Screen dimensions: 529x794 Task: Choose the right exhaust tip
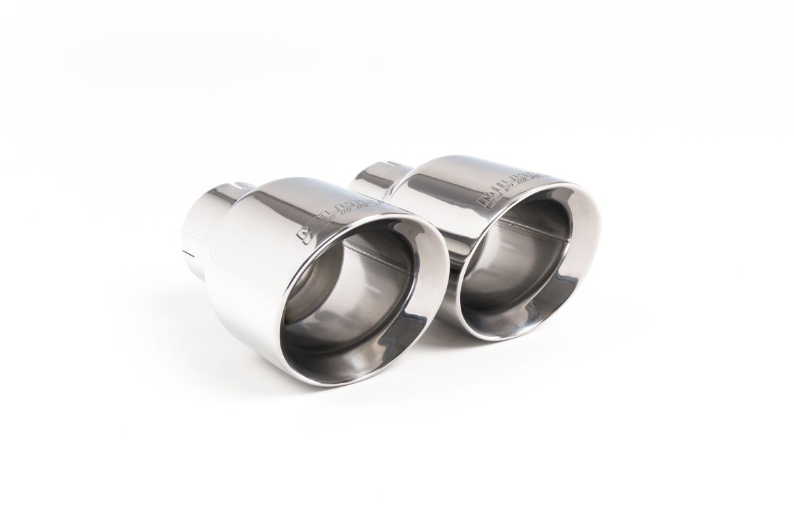coord(494,240)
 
